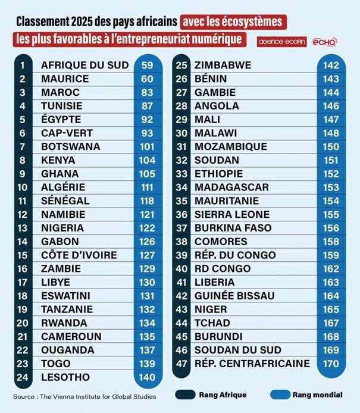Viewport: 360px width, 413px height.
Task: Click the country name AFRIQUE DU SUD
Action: (x=84, y=65)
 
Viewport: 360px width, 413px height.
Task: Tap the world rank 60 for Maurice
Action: (x=147, y=79)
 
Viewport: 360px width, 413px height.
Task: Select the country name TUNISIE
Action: (x=61, y=106)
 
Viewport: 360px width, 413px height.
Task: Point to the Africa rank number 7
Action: (x=23, y=146)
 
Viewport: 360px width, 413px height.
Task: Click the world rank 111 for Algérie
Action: (x=147, y=187)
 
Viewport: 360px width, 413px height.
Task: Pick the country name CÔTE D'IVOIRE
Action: (x=79, y=255)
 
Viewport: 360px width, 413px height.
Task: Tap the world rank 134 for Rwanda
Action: (x=147, y=323)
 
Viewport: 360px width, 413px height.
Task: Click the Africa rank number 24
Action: (x=23, y=377)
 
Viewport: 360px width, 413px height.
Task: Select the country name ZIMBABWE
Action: (x=223, y=65)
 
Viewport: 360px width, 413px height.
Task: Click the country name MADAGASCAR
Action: (x=231, y=187)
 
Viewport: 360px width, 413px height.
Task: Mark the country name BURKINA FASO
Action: (x=233, y=228)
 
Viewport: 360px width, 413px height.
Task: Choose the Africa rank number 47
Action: (x=182, y=364)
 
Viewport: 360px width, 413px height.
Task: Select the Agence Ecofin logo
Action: (x=281, y=42)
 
